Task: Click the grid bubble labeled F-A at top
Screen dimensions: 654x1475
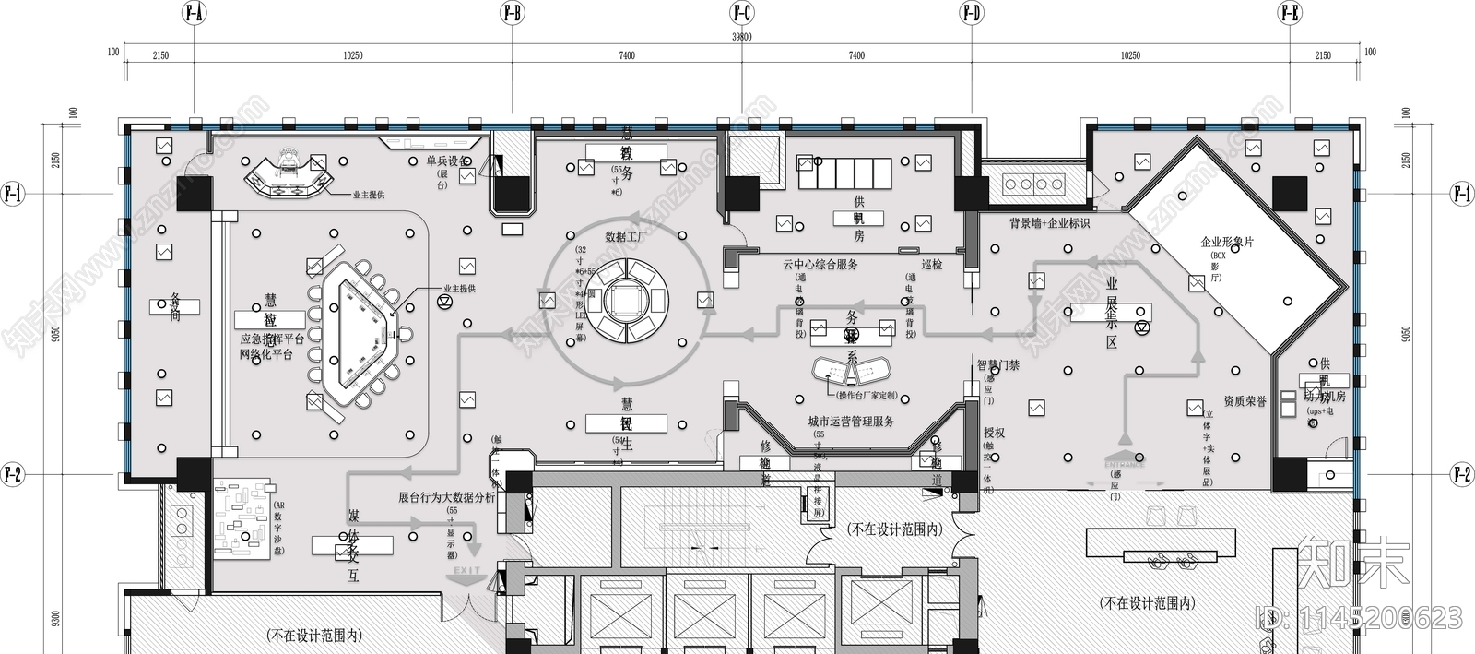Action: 194,13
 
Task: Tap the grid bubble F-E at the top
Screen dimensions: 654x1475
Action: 1290,13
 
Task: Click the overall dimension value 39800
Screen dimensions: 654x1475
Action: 741,37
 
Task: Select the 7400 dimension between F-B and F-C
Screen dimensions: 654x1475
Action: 627,56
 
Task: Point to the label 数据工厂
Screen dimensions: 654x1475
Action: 627,237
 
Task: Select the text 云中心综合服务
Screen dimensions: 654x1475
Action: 820,265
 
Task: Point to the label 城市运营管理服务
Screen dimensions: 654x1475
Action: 851,422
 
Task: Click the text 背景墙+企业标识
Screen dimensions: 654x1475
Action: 1049,223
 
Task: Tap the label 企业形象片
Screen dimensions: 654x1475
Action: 1227,243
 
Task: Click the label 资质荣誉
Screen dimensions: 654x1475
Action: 1245,401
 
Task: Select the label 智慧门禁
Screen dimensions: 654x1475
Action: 998,365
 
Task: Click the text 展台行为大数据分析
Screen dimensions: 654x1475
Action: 447,497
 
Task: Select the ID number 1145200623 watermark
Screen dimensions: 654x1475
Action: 1360,617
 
